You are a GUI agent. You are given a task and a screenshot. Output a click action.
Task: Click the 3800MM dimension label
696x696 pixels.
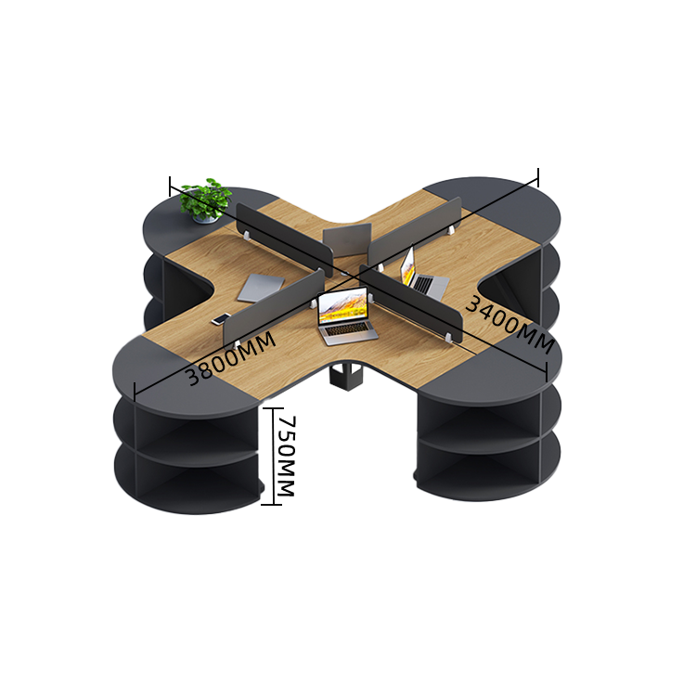(230, 358)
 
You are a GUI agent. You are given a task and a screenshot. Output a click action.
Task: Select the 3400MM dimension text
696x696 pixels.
(509, 324)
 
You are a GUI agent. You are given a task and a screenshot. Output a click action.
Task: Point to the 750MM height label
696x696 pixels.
(286, 456)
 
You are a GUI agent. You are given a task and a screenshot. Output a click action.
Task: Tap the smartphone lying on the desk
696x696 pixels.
(221, 319)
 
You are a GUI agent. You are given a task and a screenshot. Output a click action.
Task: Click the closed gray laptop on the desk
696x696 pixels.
(261, 287)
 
